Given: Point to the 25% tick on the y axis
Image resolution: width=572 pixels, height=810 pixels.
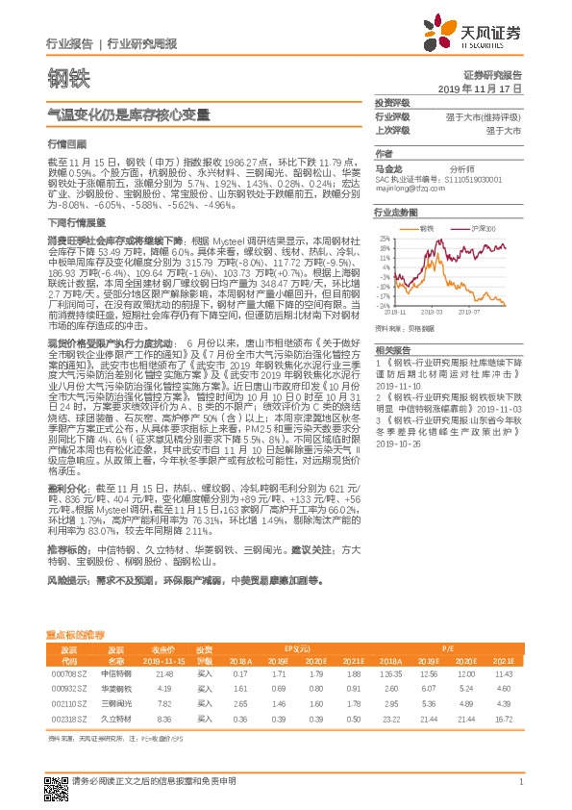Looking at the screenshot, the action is (x=385, y=239).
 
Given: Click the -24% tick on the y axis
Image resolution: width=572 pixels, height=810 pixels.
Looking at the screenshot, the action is (x=384, y=306).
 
